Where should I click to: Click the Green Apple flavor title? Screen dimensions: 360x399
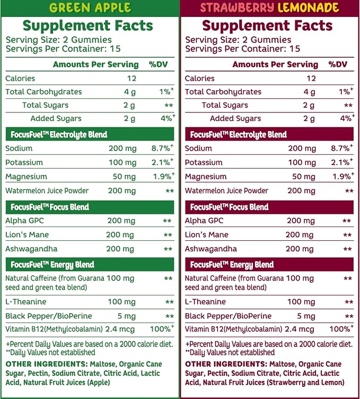coord(90,7)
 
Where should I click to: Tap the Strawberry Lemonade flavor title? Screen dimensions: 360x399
coord(269,7)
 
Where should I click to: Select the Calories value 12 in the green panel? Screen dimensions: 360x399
coord(131,79)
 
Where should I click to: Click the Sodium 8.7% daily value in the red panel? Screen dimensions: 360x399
coord(341,148)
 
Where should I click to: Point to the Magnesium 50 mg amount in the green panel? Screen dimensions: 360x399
coord(124,177)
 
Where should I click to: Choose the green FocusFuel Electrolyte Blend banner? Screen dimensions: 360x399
coord(90,134)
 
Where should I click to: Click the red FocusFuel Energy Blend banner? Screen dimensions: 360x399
coord(269,264)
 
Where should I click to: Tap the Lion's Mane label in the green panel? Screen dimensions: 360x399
coord(27,235)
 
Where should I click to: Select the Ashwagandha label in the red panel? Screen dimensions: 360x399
coord(211,249)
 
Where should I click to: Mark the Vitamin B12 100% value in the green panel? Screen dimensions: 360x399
coord(162,328)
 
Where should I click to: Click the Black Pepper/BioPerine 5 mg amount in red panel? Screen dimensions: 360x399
coord(306,316)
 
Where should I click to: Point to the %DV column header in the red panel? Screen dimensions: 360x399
coord(338,64)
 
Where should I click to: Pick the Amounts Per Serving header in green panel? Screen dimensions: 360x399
coord(96,64)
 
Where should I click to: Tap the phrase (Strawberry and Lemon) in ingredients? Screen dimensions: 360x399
coord(305,383)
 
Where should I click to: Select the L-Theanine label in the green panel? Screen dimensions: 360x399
coord(26,302)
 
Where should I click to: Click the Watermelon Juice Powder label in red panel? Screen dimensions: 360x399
coord(226,190)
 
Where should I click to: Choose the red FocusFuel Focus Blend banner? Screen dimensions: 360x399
coord(269,207)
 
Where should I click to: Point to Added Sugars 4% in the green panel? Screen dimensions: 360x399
coord(168,118)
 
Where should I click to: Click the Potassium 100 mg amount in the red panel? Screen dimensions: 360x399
coord(302,162)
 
